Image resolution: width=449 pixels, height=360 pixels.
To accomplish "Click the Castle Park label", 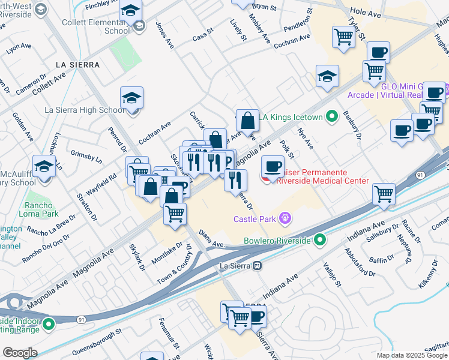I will click(x=255, y=220).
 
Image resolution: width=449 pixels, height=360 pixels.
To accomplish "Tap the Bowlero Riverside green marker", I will click(x=320, y=241).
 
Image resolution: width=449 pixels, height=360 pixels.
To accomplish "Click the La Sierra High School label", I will click(x=85, y=110).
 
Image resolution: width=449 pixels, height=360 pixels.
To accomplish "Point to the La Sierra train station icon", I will click(x=258, y=265).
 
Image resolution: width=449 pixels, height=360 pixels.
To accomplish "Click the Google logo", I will click(x=19, y=353).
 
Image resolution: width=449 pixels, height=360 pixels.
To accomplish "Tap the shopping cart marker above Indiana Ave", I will click(x=384, y=193).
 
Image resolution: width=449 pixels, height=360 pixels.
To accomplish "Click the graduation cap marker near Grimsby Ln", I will click(x=44, y=166).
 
